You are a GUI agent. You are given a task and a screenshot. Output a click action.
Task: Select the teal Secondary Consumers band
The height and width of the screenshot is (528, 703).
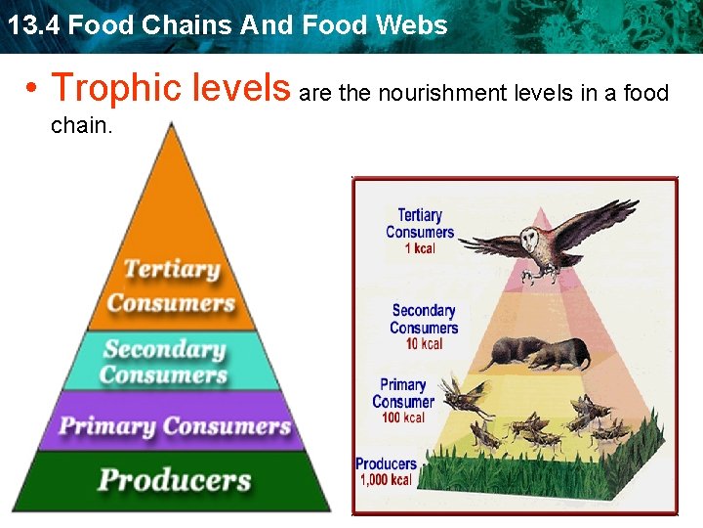164,361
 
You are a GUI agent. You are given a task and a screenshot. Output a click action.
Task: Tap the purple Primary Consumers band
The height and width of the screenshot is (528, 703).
175,426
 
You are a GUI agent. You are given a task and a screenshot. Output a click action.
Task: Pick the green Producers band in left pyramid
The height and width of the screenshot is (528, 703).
174,480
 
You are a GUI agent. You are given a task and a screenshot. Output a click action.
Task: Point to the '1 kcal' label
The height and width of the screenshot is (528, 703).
420,248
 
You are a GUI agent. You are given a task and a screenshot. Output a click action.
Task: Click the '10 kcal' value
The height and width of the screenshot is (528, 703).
424,343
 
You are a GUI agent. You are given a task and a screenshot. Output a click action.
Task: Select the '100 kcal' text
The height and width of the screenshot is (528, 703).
403,418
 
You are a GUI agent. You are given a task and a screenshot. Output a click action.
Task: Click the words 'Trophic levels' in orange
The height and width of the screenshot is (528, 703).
171,88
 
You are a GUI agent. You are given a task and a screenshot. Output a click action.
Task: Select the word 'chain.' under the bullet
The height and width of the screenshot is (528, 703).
82,126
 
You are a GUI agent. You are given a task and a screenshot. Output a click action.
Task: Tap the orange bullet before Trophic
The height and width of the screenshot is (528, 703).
33,89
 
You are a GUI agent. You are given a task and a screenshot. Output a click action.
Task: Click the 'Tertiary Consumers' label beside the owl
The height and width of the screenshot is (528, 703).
420,224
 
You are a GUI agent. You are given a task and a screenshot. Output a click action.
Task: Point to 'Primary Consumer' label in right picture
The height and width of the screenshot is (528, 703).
403,393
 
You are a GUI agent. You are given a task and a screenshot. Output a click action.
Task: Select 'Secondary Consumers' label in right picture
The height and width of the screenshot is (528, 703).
424,319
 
